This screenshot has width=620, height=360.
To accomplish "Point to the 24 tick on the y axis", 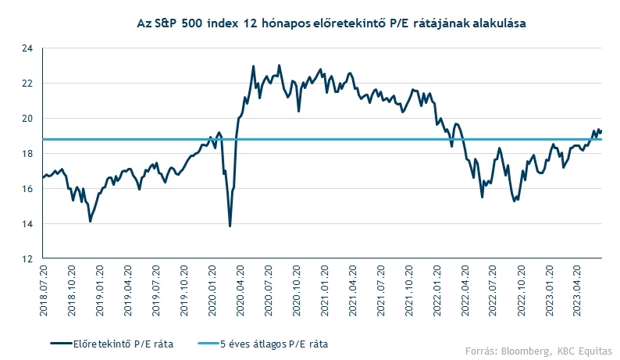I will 27,48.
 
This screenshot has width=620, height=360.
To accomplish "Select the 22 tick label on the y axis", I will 27,84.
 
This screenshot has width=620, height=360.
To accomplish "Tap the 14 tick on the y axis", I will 27,224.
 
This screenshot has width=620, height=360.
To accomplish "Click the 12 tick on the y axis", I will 27,259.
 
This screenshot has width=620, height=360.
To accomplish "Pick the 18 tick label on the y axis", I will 27,154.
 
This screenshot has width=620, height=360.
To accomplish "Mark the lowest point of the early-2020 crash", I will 230,226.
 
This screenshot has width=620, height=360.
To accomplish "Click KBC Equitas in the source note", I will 585,349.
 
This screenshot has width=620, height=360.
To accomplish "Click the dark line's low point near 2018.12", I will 91,222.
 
